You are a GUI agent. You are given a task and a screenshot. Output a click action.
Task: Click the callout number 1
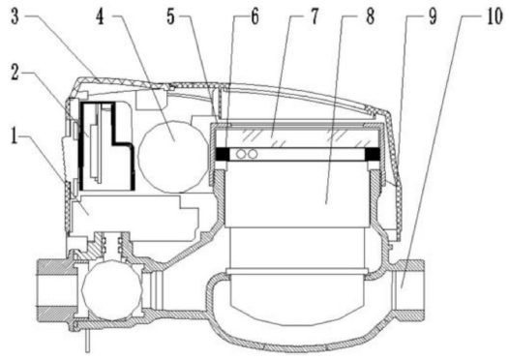15,136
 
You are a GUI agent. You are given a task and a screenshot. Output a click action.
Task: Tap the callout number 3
15,16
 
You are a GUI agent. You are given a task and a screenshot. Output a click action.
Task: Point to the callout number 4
100,16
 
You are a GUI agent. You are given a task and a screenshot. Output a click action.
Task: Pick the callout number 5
171,16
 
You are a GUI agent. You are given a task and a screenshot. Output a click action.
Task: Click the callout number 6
254,16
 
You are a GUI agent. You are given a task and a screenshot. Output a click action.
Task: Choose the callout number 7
314,16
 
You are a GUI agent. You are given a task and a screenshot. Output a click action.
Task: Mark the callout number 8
371,16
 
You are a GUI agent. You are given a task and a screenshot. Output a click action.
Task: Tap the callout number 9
434,16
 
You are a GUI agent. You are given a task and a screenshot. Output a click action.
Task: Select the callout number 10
494,16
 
